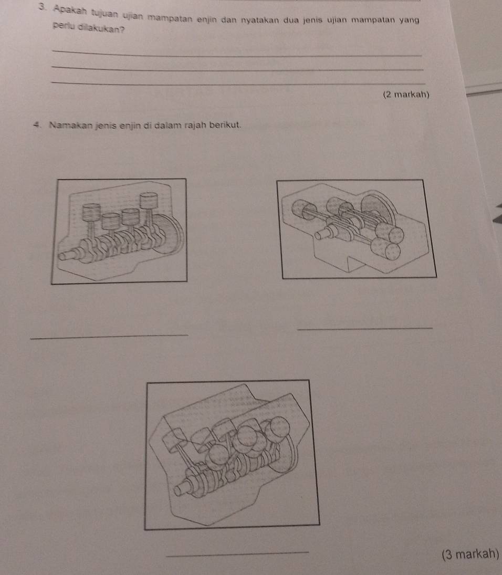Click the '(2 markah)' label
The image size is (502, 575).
[x=406, y=95]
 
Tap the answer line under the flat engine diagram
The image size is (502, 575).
[x=365, y=328]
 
